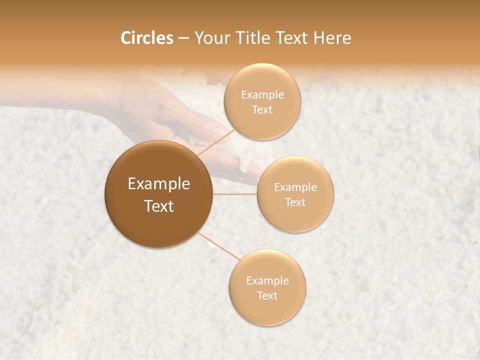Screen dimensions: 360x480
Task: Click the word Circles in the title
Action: click(146, 38)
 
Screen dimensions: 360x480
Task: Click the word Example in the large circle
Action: click(159, 184)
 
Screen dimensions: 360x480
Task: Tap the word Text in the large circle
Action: click(159, 206)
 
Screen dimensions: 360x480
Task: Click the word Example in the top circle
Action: click(262, 94)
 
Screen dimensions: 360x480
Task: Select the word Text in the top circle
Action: click(262, 109)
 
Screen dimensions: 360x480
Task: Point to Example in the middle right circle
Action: click(295, 187)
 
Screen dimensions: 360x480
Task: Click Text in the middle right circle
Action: click(295, 202)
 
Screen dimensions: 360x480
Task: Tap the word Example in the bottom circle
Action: click(267, 280)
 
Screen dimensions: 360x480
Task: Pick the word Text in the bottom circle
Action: click(267, 295)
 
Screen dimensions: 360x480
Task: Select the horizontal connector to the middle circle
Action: click(235, 194)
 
